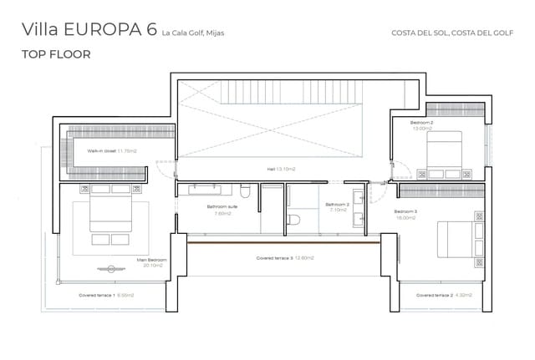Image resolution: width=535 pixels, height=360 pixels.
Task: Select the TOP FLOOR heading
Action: click(56, 54)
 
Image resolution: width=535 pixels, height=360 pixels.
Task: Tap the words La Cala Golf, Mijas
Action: click(193, 33)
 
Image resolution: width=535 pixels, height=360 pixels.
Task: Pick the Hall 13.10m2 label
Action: click(281, 169)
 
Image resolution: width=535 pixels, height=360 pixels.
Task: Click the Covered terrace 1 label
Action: click(106, 295)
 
